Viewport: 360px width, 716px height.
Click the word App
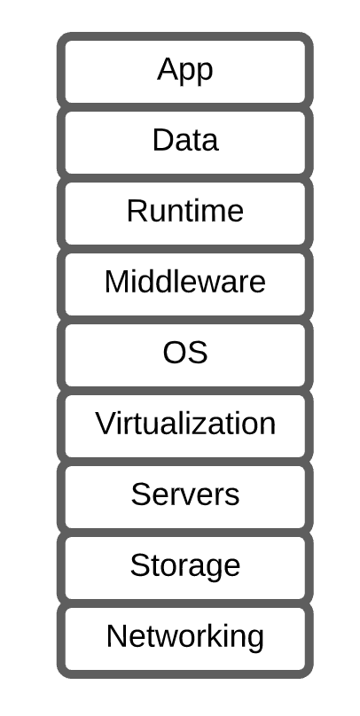(x=185, y=71)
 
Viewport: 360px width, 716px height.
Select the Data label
(x=185, y=140)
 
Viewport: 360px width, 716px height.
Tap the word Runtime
(x=185, y=211)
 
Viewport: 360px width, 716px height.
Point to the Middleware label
(x=185, y=282)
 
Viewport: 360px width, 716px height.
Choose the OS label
(x=185, y=353)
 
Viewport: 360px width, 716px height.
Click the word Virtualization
(x=185, y=424)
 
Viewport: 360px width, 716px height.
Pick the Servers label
(x=185, y=494)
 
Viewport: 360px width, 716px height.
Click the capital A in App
(x=168, y=69)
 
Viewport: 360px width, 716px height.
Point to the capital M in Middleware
(x=116, y=282)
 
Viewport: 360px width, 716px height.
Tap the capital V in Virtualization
(x=106, y=424)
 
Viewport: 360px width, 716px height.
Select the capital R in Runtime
(x=137, y=211)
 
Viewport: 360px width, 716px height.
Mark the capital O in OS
(x=174, y=353)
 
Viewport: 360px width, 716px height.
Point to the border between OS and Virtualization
(x=185, y=391)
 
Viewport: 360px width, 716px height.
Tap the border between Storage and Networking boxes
(x=185, y=603)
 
